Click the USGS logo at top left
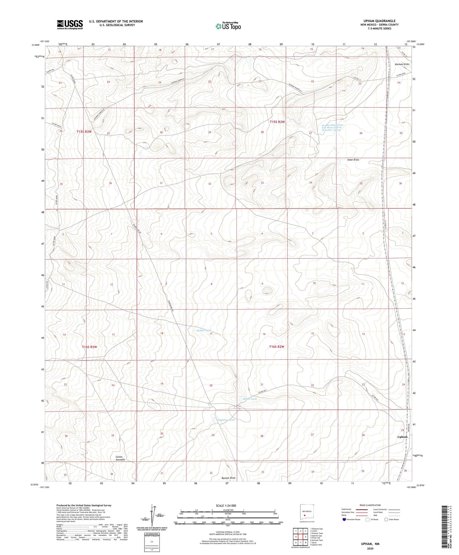coord(70,24)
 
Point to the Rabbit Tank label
coord(204,331)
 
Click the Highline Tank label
coord(226,420)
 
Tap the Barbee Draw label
coord(228,478)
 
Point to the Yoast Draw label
coord(353,160)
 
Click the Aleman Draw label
coord(402,64)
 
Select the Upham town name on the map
coord(402,437)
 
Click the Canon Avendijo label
coord(120,458)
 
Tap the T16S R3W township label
coord(89,347)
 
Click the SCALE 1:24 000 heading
coord(228,505)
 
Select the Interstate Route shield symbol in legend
coord(344,519)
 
